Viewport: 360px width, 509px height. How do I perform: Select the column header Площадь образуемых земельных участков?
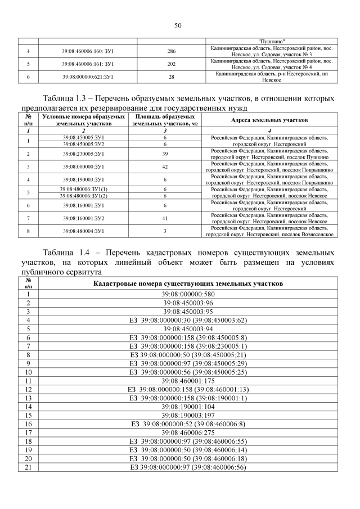pyautogui.click(x=165, y=120)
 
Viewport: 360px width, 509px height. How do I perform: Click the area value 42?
pyautogui.click(x=165, y=166)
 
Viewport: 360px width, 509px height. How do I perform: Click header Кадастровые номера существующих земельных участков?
pyautogui.click(x=188, y=284)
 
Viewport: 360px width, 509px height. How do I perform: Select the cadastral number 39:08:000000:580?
pyautogui.click(x=188, y=294)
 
